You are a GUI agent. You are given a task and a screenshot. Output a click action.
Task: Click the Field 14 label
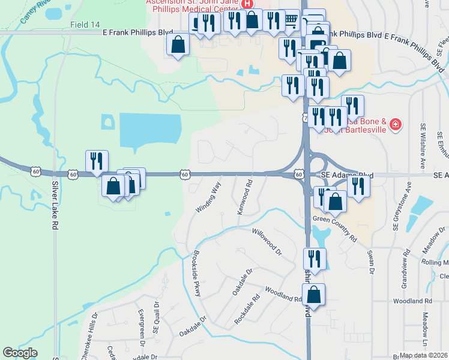pyautogui.click(x=85, y=25)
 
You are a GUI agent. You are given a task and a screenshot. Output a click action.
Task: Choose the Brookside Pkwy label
pyautogui.click(x=196, y=271)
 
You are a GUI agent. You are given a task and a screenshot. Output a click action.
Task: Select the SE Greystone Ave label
pyautogui.click(x=396, y=211)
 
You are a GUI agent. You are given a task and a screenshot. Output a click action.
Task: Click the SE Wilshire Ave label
pyautogui.click(x=423, y=145)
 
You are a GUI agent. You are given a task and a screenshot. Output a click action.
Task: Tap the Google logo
pyautogui.click(x=20, y=353)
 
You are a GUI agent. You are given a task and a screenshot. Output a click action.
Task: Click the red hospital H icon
pyautogui.click(x=246, y=4)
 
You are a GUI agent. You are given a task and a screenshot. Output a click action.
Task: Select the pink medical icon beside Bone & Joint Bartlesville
pyautogui.click(x=396, y=125)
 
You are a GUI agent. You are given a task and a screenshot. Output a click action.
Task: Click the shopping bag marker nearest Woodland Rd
pyautogui.click(x=313, y=294)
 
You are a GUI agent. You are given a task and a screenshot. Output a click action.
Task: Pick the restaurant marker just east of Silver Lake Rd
pyautogui.click(x=97, y=161)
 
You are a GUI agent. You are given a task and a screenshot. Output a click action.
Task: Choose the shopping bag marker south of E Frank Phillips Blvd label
pyautogui.click(x=178, y=44)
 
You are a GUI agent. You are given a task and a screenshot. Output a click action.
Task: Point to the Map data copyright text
pyautogui.click(x=424, y=355)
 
